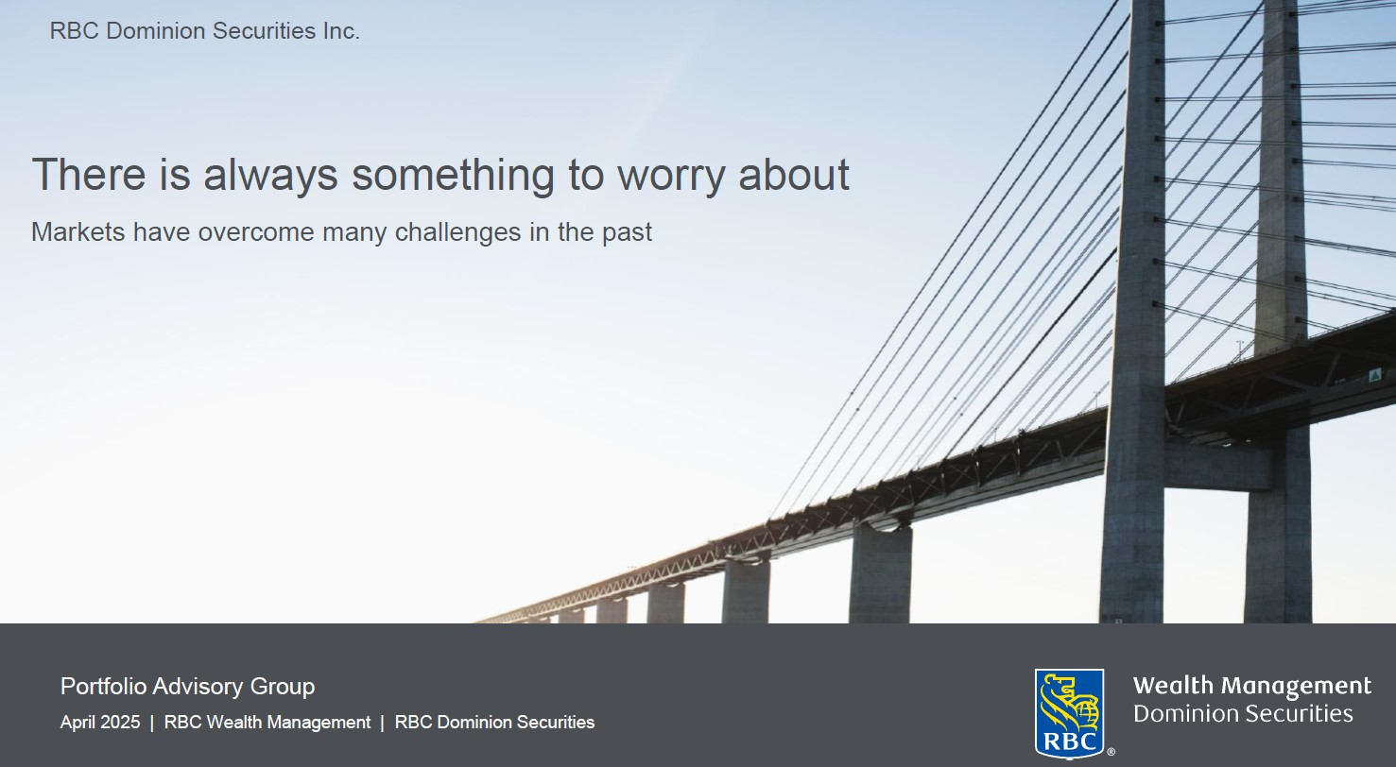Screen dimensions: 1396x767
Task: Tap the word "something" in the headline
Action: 453,176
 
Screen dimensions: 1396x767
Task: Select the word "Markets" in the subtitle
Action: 78,231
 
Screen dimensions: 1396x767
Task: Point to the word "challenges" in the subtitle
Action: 458,233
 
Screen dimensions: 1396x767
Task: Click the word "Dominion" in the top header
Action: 156,30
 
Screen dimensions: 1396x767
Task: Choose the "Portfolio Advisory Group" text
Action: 187,686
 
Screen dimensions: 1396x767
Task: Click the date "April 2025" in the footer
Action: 100,723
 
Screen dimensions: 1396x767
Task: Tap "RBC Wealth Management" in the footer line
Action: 267,723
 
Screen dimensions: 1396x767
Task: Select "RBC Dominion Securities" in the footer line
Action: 495,723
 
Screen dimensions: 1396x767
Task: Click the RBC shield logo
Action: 1069,713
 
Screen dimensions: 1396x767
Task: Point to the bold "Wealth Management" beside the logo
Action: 1252,686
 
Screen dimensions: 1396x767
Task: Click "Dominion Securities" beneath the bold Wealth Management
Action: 1243,713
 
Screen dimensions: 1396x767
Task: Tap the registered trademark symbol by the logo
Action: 1111,752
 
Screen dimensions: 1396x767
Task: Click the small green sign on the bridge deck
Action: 1375,375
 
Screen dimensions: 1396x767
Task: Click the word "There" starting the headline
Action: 89,175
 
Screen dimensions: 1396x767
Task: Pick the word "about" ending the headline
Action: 794,175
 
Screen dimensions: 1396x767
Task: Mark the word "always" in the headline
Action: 271,177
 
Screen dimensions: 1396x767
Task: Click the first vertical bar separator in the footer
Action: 152,723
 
